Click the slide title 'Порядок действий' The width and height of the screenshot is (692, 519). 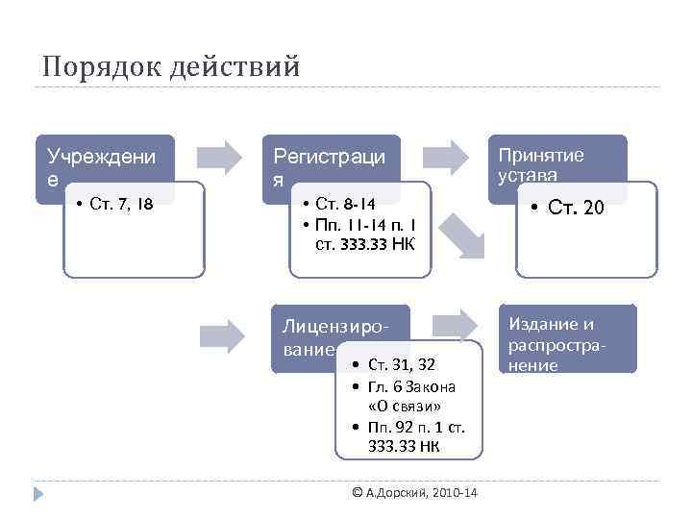point(172,67)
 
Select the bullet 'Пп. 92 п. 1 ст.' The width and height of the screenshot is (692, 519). point(416,426)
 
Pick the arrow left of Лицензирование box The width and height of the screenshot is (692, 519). point(223,334)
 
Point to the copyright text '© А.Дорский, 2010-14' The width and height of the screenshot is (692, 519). point(414,493)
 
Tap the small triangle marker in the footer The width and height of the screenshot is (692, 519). point(38,494)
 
